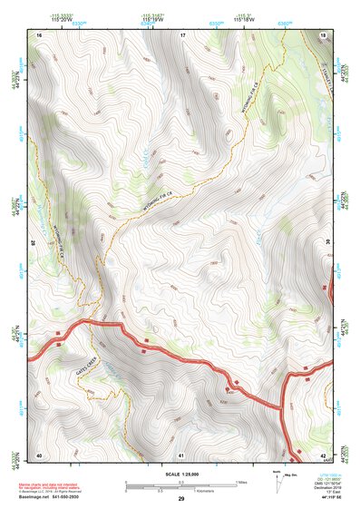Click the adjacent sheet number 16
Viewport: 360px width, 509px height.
tap(39, 34)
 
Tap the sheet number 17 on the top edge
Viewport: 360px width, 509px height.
tap(182, 34)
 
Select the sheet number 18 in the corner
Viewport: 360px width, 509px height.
tap(324, 34)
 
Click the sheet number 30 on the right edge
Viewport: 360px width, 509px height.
tap(326, 243)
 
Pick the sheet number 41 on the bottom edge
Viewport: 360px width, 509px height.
tap(181, 454)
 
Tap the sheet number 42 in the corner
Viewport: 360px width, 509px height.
tap(324, 454)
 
